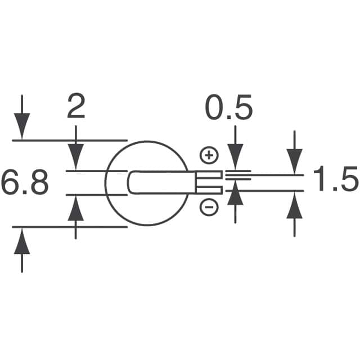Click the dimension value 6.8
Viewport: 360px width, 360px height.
pyautogui.click(x=25, y=183)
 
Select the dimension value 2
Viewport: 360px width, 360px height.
pyautogui.click(x=76, y=107)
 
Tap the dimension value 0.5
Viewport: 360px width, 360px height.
pyautogui.click(x=228, y=109)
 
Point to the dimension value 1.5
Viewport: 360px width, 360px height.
pyautogui.click(x=335, y=182)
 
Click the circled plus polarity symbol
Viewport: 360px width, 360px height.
pyautogui.click(x=209, y=155)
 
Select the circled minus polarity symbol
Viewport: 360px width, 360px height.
pyautogui.click(x=209, y=208)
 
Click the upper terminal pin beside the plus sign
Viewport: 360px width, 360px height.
pyautogui.click(x=209, y=176)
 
